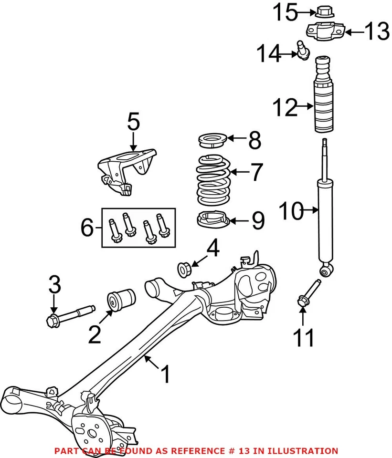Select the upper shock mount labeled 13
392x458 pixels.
[x=324, y=31]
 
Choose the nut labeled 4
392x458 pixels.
[x=185, y=269]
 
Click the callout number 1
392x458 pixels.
[x=165, y=375]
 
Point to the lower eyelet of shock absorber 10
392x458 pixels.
[x=325, y=271]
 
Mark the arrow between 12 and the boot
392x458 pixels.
[x=304, y=108]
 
